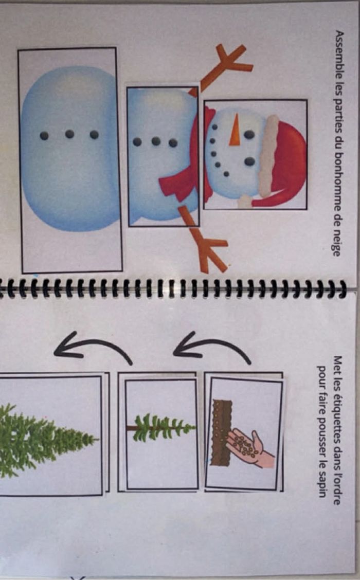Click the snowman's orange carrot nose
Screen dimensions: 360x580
coord(235,130)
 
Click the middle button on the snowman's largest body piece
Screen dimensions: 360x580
coord(69,134)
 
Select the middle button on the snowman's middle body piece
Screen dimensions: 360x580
coord(156,141)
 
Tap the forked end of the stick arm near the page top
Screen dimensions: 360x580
coord(231,61)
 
